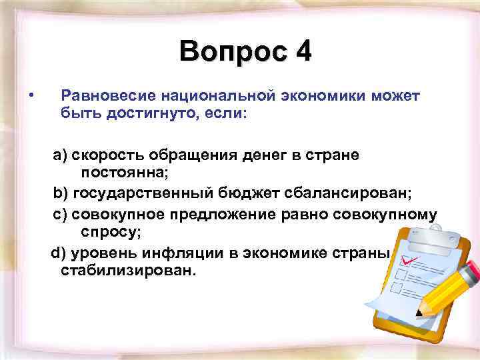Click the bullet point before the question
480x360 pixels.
tap(31, 97)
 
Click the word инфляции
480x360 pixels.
tap(177, 254)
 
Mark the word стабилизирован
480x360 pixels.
tap(129, 271)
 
